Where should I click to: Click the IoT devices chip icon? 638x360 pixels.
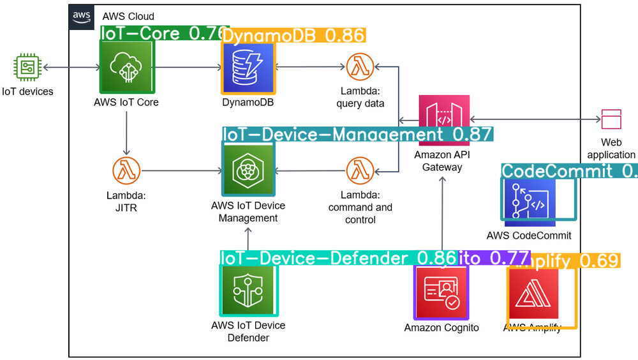click(27, 67)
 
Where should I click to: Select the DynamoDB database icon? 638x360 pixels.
click(248, 67)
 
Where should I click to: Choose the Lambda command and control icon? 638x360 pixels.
click(359, 171)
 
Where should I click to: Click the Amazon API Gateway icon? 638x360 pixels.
click(445, 120)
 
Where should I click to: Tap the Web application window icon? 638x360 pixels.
click(611, 119)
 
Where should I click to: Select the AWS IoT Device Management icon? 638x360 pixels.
click(248, 169)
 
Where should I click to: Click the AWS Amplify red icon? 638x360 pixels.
click(533, 294)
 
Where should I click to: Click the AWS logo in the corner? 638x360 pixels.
click(81, 17)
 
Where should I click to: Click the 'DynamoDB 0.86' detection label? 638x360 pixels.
click(293, 35)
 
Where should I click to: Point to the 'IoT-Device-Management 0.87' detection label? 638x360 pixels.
click(357, 134)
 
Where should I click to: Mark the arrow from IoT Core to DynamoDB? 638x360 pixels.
click(185, 67)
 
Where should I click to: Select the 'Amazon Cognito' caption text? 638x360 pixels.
click(441, 328)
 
